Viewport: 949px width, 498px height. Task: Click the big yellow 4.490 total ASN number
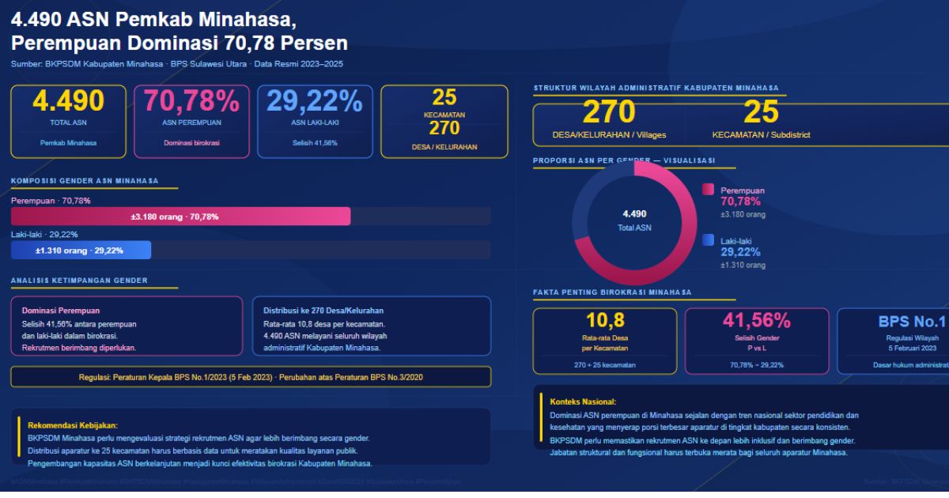(x=68, y=101)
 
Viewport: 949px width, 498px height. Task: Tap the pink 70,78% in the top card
(x=192, y=101)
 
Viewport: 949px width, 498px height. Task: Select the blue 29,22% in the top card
(x=315, y=101)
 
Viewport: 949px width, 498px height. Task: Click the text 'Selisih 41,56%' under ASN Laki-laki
(x=315, y=143)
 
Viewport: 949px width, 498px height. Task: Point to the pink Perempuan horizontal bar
(x=180, y=217)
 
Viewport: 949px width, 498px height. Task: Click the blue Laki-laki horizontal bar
(x=81, y=251)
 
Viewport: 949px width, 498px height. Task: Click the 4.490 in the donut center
(x=634, y=214)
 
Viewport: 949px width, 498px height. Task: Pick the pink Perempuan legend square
(x=708, y=190)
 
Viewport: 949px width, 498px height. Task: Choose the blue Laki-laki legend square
(x=708, y=240)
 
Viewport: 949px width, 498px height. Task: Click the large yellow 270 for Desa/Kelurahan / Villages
(x=609, y=113)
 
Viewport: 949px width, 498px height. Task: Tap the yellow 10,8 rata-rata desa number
(x=605, y=320)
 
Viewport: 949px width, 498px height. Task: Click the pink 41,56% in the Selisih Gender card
(x=756, y=320)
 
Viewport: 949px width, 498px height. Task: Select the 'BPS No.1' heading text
(x=911, y=322)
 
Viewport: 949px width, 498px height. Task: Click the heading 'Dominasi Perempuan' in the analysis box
(x=61, y=311)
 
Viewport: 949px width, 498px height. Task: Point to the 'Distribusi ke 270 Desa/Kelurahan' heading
(x=323, y=311)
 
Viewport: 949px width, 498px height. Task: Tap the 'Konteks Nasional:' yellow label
(x=583, y=402)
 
